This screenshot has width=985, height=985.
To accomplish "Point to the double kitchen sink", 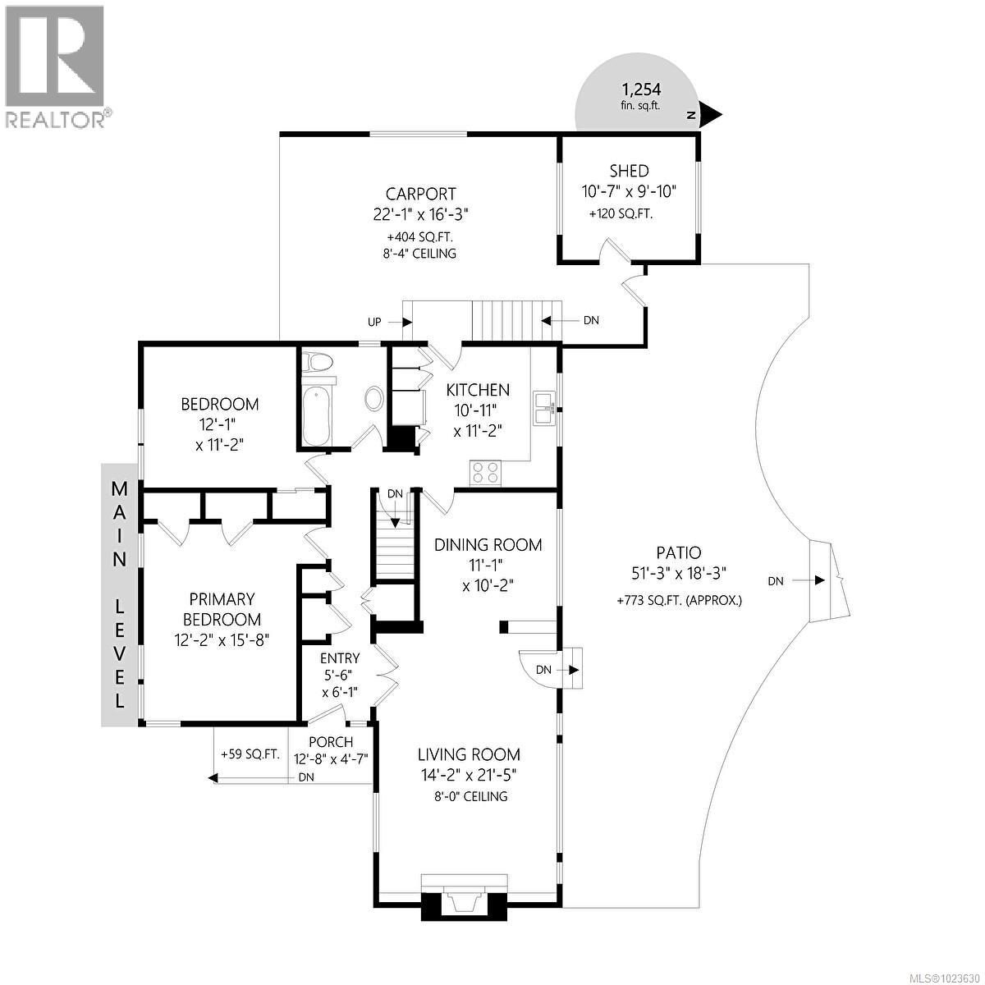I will pos(543,408).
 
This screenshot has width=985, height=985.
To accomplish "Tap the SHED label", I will pos(629,171).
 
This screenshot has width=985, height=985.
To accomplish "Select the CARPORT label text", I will pos(420,194).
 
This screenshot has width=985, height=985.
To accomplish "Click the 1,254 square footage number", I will pos(641,89).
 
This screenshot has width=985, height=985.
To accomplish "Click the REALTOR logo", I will pos(55,66).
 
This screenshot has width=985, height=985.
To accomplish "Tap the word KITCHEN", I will pos(478,390).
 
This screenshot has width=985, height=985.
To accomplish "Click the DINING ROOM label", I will pos(488,544).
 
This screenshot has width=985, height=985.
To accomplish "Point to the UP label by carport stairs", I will pos(374,322).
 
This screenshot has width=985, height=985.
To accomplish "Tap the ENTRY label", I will pos(340,657).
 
